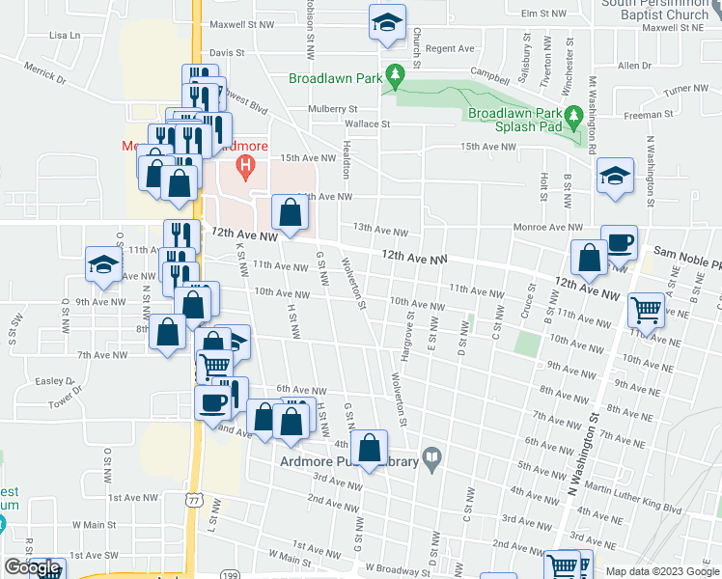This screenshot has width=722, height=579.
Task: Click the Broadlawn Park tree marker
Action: (x=394, y=74)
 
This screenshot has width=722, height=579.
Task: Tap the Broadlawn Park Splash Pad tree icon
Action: (x=574, y=118)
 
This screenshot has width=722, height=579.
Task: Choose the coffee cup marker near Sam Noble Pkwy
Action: (x=619, y=243)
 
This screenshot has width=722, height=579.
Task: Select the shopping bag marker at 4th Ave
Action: (x=369, y=448)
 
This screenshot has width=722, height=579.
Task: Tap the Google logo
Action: (x=32, y=567)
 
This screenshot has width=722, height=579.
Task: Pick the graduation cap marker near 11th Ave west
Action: (x=102, y=263)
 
